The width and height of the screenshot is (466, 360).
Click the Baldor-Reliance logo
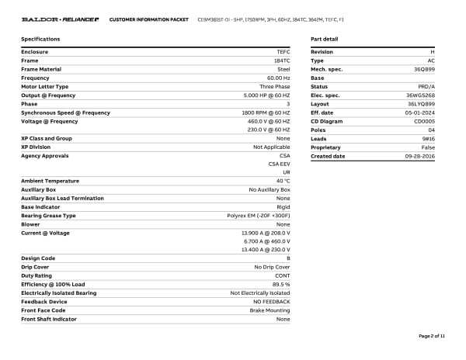[x=60, y=19]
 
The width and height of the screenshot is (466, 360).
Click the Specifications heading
[x=40, y=39]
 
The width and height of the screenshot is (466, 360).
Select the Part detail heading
[x=324, y=39]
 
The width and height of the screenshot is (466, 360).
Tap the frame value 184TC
[x=282, y=61]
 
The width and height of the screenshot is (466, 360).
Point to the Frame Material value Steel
[x=283, y=69]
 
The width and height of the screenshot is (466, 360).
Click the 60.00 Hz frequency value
[x=278, y=78]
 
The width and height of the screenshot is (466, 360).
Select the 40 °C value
[x=283, y=181]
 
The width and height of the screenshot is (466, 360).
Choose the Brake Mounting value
[x=271, y=310]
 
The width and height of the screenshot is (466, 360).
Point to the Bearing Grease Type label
[x=48, y=216]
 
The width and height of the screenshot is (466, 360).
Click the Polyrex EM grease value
[x=258, y=216]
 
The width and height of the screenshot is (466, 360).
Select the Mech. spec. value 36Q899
[x=424, y=69]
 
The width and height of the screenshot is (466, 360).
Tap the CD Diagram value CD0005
[x=424, y=121]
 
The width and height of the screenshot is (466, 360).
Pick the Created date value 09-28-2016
[x=420, y=156]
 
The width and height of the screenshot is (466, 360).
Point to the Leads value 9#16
[x=428, y=139]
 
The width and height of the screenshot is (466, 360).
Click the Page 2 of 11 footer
[x=432, y=336]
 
